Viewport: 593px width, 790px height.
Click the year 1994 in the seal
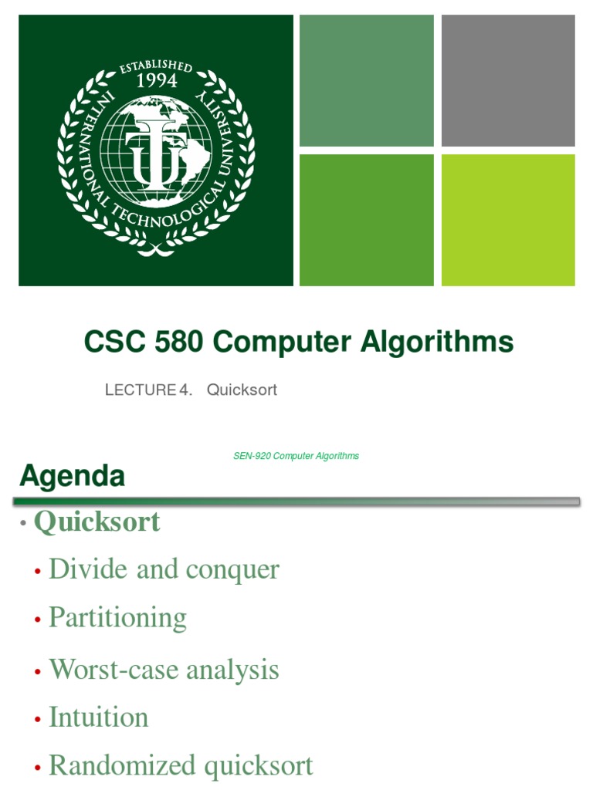(x=156, y=81)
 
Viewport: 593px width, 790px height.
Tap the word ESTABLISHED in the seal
(x=156, y=65)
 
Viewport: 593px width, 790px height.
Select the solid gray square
(x=508, y=80)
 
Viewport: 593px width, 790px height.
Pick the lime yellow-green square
(x=508, y=220)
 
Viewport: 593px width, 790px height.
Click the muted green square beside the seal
(x=366, y=80)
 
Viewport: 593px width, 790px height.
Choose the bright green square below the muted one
(x=366, y=220)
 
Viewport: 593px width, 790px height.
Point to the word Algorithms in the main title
(x=439, y=342)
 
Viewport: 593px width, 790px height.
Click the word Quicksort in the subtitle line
(x=242, y=390)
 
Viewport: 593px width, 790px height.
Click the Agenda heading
(x=72, y=477)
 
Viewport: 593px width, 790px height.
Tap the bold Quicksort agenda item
(x=97, y=522)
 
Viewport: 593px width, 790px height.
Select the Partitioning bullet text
(x=117, y=618)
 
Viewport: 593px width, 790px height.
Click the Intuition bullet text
(x=98, y=717)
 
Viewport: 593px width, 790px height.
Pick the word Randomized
(x=122, y=766)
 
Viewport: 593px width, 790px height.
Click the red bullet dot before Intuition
(x=37, y=720)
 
